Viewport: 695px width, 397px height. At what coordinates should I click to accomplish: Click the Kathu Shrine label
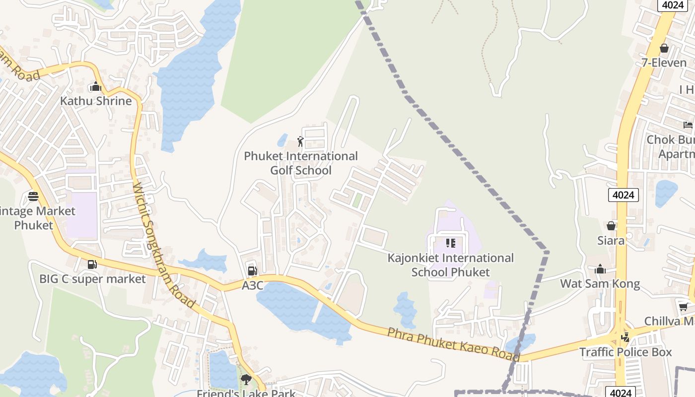point(96,101)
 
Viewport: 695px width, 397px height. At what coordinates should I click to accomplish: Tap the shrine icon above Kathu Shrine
point(96,87)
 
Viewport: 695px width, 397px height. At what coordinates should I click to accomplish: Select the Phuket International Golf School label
point(301,163)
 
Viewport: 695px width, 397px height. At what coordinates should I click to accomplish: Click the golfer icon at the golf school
point(300,142)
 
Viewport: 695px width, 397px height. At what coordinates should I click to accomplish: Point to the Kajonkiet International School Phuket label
point(450,265)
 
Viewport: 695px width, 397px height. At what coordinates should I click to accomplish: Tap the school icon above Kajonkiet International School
point(451,243)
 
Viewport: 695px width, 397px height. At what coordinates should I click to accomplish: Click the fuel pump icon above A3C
point(252,271)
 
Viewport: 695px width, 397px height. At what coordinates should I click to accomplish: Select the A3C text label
point(252,286)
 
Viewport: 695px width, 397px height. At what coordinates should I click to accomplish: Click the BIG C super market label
point(93,279)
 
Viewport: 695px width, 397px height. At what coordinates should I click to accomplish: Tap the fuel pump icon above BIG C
point(92,265)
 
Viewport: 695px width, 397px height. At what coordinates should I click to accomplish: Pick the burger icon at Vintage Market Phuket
point(33,197)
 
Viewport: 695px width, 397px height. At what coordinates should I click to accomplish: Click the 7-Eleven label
point(664,63)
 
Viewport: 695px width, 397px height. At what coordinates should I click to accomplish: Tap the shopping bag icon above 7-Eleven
point(664,48)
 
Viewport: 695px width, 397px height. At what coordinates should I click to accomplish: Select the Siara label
point(611,241)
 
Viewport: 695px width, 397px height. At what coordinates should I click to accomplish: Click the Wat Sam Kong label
point(600,284)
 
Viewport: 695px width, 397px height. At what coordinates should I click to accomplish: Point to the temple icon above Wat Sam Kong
point(600,269)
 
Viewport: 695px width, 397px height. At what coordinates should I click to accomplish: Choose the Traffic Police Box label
point(625,352)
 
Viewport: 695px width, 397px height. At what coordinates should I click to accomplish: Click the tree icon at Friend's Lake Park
point(246,380)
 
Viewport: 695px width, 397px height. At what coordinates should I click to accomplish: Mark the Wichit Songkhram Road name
point(164,245)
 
